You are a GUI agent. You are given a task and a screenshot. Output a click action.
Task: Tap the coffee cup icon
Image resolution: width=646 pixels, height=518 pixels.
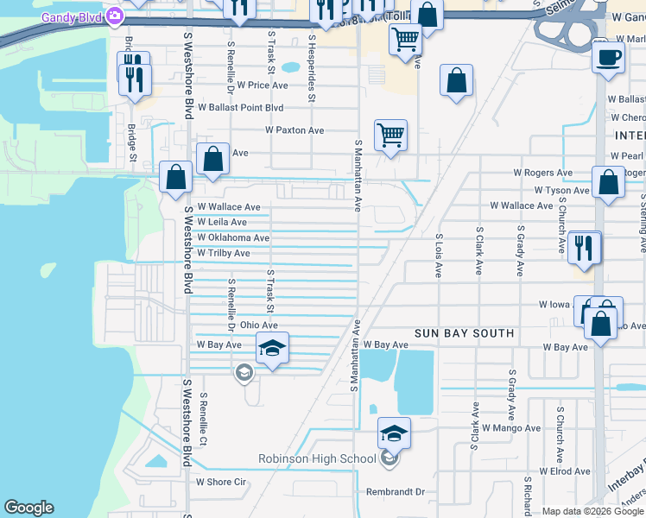(608, 59)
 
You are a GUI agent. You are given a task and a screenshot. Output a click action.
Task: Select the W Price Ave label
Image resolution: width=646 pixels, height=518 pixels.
(256, 85)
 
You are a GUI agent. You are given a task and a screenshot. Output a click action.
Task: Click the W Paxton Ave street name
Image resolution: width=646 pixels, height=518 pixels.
(294, 130)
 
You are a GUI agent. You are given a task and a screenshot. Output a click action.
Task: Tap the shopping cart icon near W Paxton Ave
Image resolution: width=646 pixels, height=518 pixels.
(390, 135)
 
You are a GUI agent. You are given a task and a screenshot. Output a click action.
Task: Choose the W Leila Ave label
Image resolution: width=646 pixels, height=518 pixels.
(222, 222)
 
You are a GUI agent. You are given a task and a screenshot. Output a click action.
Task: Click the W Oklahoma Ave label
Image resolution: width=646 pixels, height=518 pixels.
(233, 237)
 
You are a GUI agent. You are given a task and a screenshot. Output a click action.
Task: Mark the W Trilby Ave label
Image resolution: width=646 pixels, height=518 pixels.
(223, 253)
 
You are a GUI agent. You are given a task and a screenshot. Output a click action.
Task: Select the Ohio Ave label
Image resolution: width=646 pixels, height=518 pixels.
(258, 325)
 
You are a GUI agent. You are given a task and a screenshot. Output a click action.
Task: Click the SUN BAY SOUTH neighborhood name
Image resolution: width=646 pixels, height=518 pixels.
(464, 333)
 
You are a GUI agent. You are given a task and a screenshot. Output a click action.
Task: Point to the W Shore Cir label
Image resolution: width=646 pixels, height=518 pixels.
(221, 482)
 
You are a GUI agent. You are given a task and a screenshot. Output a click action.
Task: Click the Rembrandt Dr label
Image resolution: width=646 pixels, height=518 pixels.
(396, 492)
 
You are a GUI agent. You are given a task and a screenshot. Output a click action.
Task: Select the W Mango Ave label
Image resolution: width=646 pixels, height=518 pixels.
(511, 427)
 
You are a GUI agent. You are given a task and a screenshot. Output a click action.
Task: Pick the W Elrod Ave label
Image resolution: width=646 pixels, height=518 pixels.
(565, 472)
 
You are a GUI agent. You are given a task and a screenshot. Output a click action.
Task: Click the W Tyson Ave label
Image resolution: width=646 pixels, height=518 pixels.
(561, 190)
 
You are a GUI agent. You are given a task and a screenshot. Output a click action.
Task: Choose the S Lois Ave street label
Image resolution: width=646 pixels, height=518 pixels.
(439, 256)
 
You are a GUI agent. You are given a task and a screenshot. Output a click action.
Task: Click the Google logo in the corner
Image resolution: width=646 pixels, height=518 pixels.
(29, 508)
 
